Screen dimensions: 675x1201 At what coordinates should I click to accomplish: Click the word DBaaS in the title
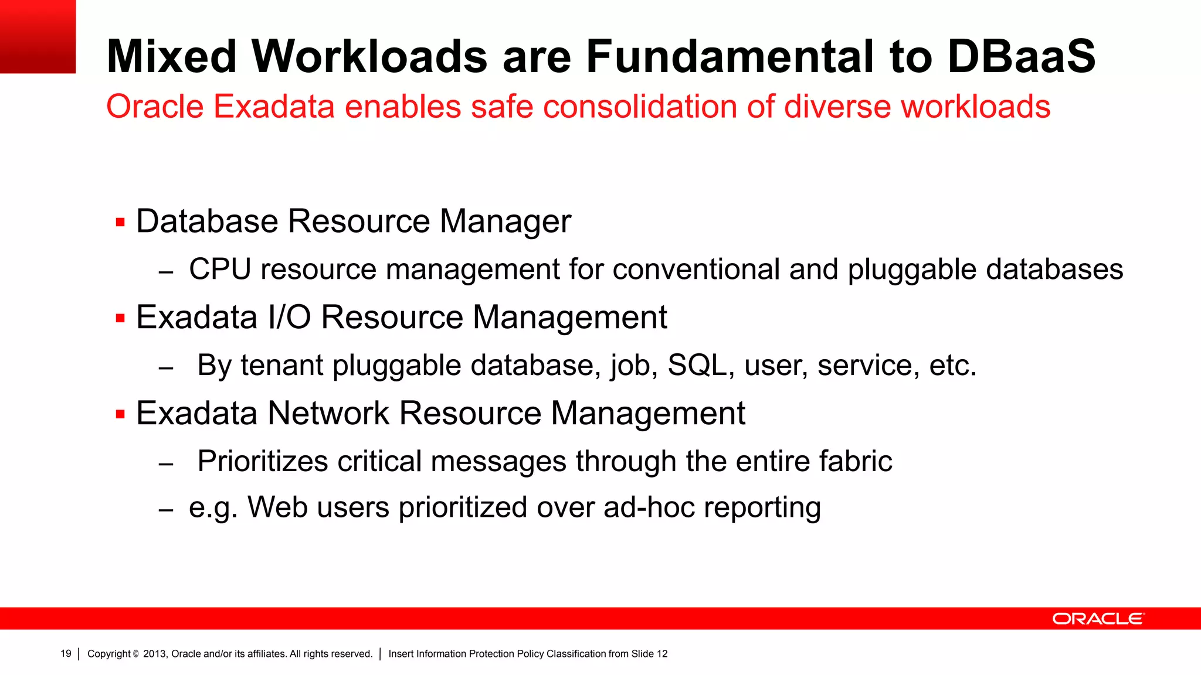pyautogui.click(x=1021, y=56)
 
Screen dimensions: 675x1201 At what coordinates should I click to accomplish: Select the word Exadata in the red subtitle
pyautogui.click(x=273, y=107)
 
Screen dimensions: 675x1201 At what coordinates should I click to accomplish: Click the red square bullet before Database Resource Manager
pyautogui.click(x=121, y=223)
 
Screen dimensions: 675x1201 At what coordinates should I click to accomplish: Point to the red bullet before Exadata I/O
pyautogui.click(x=121, y=319)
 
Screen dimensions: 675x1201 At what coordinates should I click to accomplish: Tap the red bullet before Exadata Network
pyautogui.click(x=121, y=415)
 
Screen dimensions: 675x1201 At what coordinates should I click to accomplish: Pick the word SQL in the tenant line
pyautogui.click(x=697, y=366)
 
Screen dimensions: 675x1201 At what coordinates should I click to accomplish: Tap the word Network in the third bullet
pyautogui.click(x=328, y=414)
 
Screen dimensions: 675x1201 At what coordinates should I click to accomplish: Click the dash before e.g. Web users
pyautogui.click(x=166, y=510)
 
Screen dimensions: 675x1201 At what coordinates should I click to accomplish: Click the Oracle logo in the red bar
pyautogui.click(x=1098, y=619)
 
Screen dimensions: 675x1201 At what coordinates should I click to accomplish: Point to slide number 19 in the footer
pyautogui.click(x=66, y=654)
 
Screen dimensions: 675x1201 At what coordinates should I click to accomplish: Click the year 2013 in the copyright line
pyautogui.click(x=154, y=654)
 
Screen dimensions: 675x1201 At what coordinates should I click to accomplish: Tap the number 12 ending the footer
pyautogui.click(x=662, y=654)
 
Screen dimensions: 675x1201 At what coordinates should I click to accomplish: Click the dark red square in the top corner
pyautogui.click(x=38, y=36)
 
